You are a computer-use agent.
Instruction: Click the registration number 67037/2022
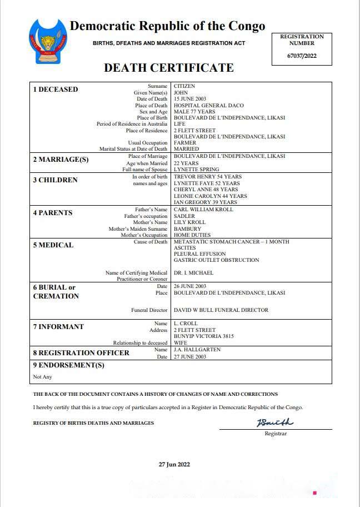tap(302, 56)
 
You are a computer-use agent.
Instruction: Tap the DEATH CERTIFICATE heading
tap(168, 68)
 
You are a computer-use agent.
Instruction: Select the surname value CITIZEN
tap(184, 87)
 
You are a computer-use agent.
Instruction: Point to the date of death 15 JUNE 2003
tap(191, 99)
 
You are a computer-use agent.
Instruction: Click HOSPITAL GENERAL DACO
tap(208, 106)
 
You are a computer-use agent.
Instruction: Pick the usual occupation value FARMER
tap(185, 143)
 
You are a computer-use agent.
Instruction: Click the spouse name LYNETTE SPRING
tap(196, 169)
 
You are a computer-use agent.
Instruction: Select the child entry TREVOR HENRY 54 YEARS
tap(207, 177)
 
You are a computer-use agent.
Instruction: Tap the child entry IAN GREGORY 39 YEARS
tap(205, 202)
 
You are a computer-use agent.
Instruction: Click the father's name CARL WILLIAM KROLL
tap(203, 210)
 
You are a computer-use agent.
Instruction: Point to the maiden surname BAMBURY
tap(187, 228)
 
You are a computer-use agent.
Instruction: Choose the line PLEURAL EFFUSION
tap(200, 254)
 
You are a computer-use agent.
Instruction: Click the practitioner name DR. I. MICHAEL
tap(193, 273)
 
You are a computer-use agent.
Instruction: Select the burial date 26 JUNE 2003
tap(191, 286)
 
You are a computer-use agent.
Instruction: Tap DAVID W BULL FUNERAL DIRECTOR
tap(221, 310)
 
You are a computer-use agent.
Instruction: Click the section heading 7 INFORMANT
tap(58, 327)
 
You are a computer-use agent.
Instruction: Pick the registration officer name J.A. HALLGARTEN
tap(197, 350)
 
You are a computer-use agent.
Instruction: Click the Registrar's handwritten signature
tap(274, 423)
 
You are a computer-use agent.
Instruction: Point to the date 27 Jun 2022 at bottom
tap(174, 464)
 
